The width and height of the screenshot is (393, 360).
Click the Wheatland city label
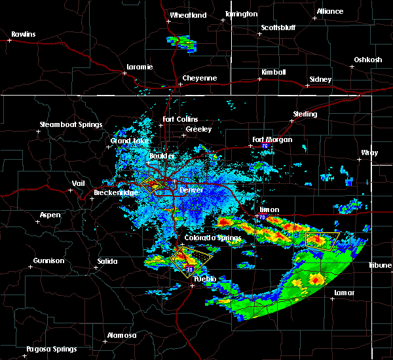(188, 15)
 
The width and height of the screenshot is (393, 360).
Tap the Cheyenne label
(199, 78)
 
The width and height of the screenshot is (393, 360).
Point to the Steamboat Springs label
(71, 124)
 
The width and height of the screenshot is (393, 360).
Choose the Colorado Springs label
(209, 238)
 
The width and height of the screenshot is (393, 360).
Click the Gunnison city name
(49, 261)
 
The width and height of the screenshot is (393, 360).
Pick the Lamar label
(344, 293)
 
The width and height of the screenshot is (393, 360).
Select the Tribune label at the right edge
(379, 264)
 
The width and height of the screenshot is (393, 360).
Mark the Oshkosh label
(367, 60)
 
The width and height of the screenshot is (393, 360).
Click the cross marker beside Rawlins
(10, 41)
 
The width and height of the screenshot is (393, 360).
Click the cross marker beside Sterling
(292, 120)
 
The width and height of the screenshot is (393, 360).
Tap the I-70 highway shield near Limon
(262, 217)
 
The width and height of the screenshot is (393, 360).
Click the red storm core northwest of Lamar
(317, 279)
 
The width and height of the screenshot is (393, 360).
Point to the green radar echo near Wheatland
(182, 42)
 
